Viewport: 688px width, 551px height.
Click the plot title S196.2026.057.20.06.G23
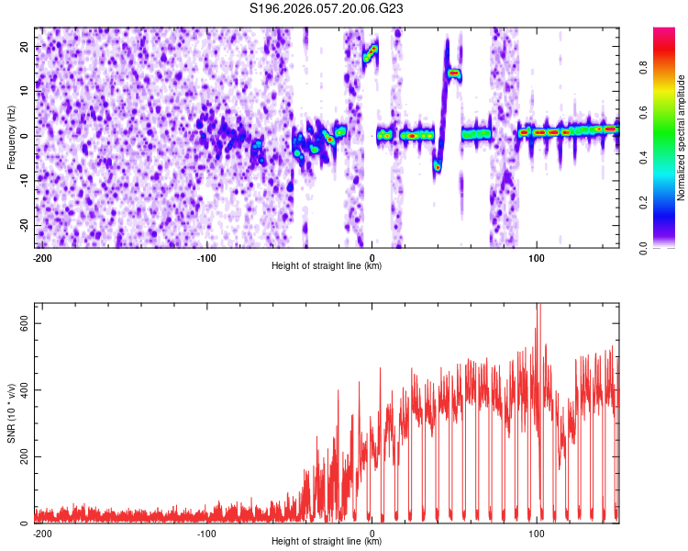[x=327, y=8]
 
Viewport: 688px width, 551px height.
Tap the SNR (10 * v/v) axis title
[x=11, y=413]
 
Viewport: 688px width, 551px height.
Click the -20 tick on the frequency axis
[x=25, y=225]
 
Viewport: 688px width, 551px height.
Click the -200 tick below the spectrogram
[x=41, y=257]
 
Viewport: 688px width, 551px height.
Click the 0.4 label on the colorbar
[x=669, y=157]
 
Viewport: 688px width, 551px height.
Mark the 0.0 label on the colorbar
[x=669, y=246]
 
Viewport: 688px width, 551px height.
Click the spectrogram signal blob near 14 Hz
[x=453, y=73]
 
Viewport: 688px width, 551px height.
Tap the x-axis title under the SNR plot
[x=327, y=542]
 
